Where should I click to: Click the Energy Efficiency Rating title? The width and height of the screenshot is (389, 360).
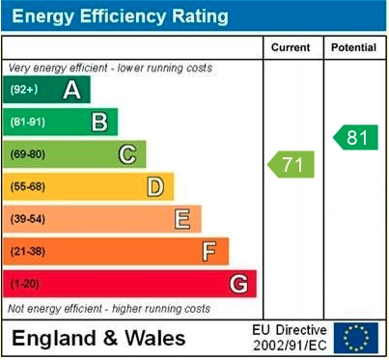[119, 16]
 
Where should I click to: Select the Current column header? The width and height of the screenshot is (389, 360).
[291, 47]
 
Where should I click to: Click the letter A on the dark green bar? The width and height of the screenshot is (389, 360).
[70, 90]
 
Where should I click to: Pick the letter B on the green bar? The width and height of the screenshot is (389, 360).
[98, 122]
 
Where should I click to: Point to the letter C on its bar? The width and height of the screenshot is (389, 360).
[126, 154]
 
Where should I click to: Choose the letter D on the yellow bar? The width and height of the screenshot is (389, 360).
[154, 186]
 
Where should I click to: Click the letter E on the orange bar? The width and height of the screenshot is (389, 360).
[181, 219]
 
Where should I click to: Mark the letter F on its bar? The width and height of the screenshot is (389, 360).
[208, 251]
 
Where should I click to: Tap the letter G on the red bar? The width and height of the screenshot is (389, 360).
[237, 284]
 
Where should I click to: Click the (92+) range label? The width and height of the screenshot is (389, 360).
[24, 90]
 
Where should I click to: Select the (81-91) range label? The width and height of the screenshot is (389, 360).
[28, 123]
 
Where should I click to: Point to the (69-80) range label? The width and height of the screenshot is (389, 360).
[28, 154]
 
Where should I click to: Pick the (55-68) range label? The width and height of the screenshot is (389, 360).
[28, 187]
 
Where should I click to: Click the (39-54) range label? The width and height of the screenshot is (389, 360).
[28, 219]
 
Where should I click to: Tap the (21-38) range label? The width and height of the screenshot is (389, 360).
[28, 252]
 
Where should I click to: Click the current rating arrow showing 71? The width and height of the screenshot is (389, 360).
[292, 164]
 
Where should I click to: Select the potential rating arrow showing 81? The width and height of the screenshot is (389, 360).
[355, 137]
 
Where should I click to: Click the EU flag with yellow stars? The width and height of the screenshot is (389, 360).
[356, 338]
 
